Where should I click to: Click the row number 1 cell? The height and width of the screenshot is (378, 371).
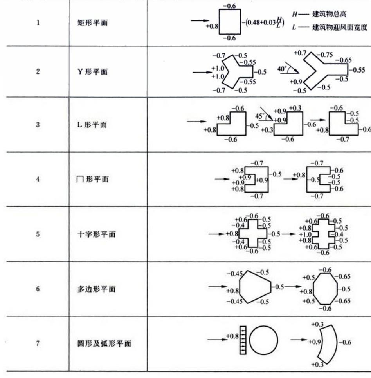click(x=38, y=23)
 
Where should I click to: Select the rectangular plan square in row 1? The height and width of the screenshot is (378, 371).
click(x=229, y=22)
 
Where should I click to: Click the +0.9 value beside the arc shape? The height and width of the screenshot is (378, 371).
click(x=314, y=342)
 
